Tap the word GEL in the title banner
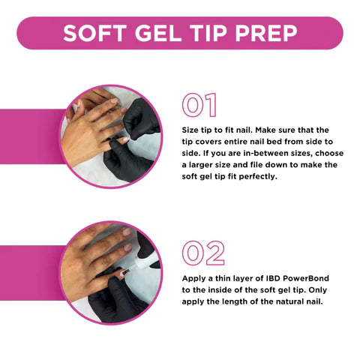158,33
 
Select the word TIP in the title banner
208,33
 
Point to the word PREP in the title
266,33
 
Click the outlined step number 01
199,105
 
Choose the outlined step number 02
203,253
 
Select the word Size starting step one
190,130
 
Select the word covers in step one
208,142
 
